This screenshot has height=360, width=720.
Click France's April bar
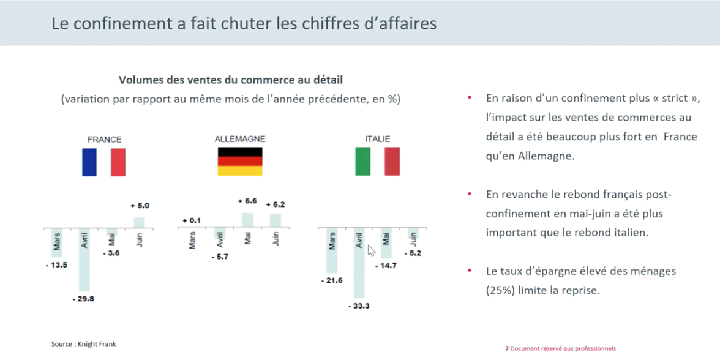[x=84, y=260]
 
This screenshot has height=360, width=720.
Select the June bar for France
[x=139, y=223]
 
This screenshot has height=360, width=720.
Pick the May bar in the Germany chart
[x=247, y=220]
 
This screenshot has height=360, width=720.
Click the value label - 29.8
[x=83, y=299]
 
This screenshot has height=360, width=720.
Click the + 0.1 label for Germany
[x=191, y=220]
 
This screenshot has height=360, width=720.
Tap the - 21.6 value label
[x=331, y=280]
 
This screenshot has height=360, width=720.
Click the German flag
[x=240, y=162]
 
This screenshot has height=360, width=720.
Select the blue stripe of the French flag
[x=89, y=162]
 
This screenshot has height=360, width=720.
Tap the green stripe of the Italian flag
[x=362, y=162]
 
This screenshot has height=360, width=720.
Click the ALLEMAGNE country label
[x=240, y=139]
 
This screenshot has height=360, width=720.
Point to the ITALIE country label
[x=377, y=139]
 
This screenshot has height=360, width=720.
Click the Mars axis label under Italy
[x=332, y=241]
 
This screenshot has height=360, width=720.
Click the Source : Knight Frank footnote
[x=83, y=344]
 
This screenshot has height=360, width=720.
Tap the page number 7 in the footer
[x=506, y=348]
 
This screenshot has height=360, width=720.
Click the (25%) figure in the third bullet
[x=500, y=291]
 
